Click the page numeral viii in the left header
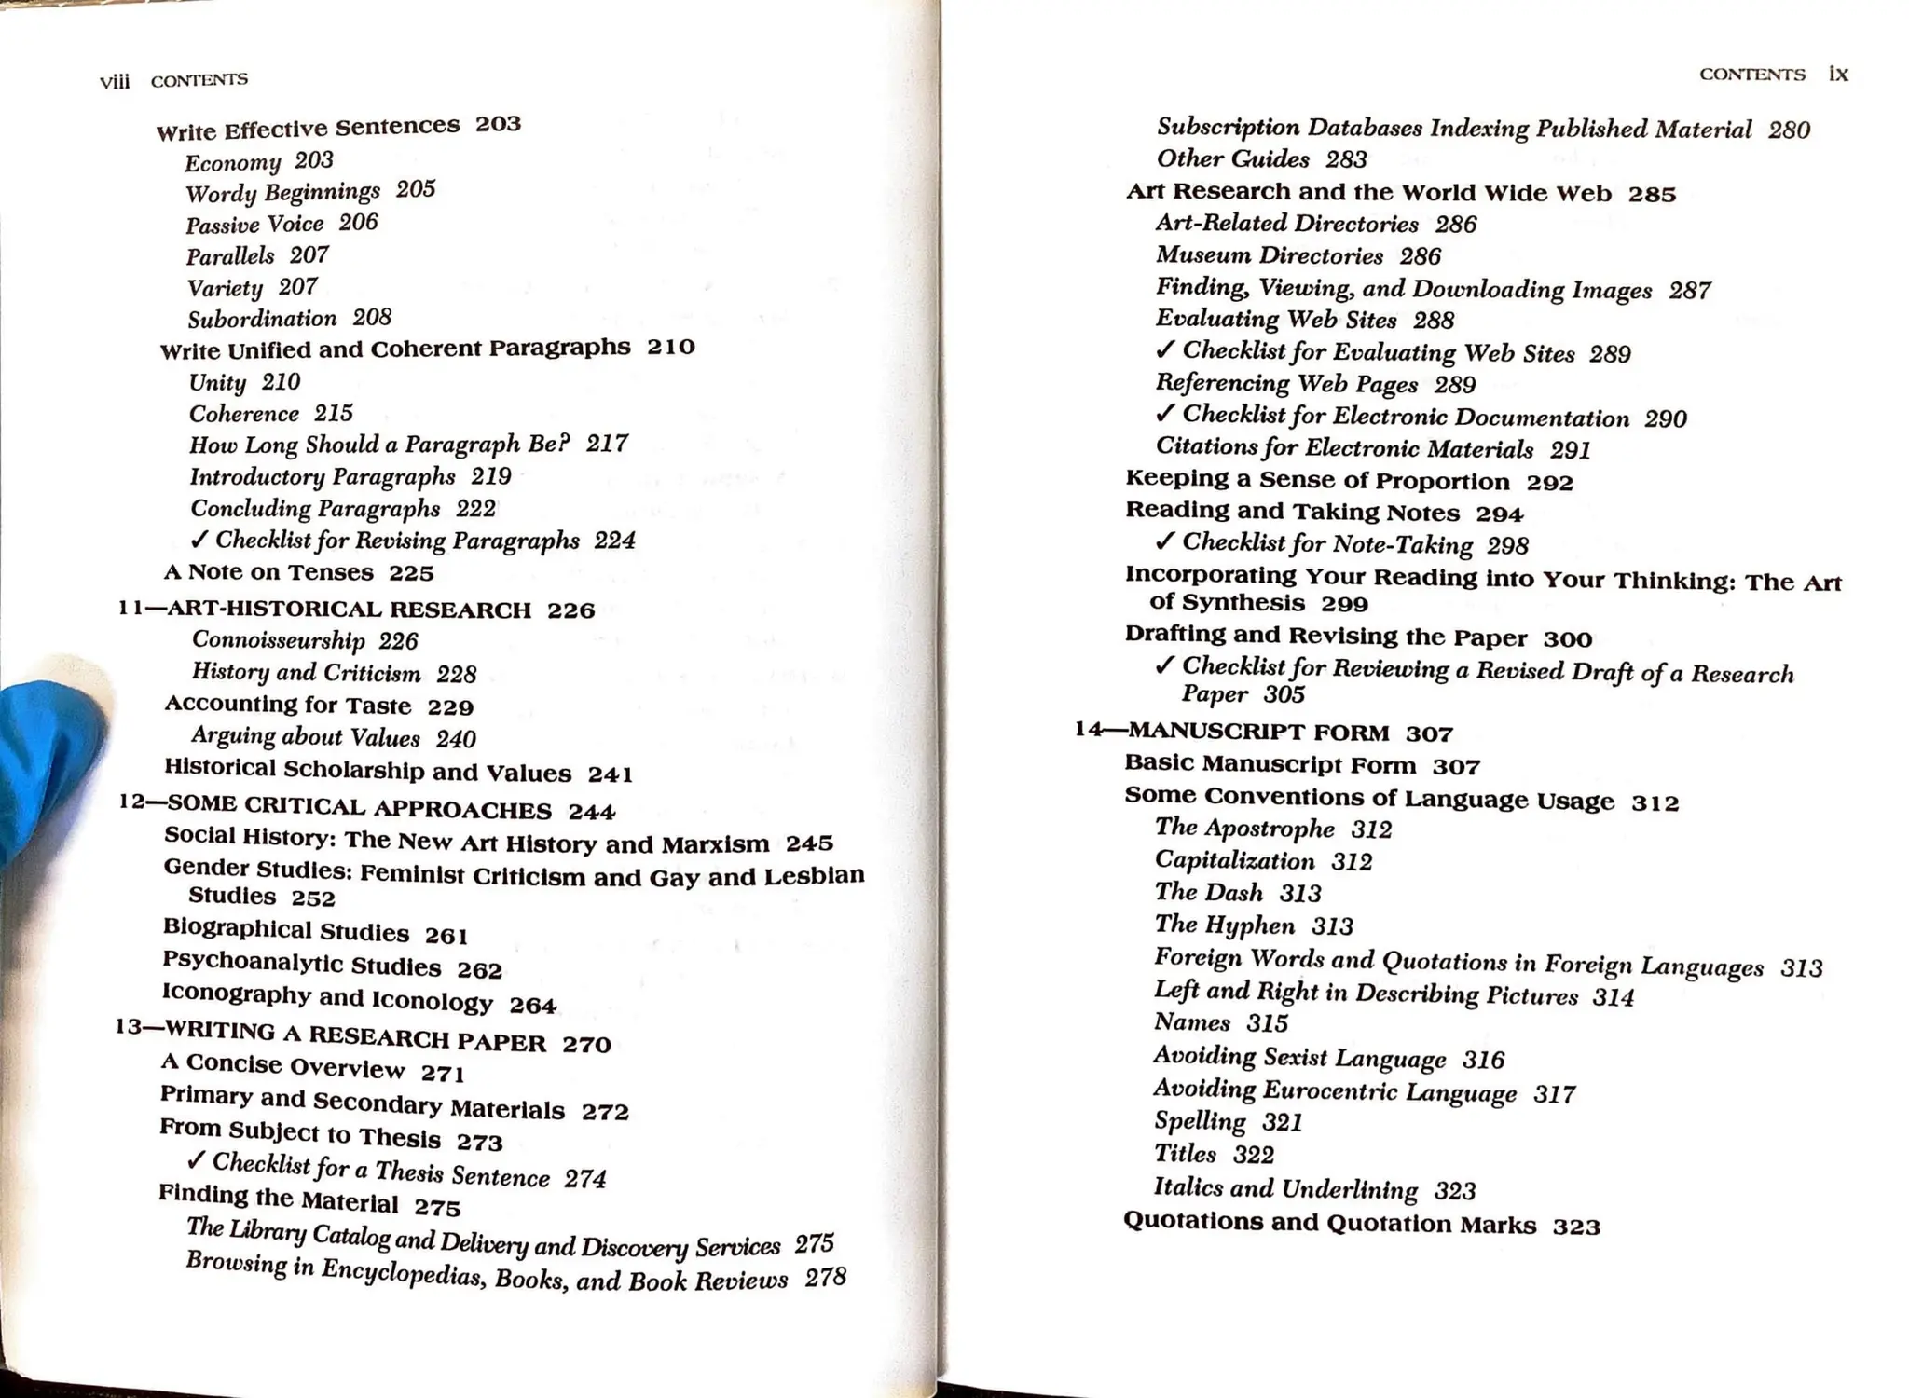click(115, 82)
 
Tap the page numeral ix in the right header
click(1838, 74)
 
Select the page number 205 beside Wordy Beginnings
click(416, 189)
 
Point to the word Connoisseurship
click(278, 640)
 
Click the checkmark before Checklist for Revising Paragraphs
click(199, 540)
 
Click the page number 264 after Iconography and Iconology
click(532, 1005)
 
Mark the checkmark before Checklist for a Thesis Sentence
click(196, 1159)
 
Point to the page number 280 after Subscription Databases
click(1789, 130)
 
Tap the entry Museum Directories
click(1269, 255)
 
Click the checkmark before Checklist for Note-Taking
click(1164, 541)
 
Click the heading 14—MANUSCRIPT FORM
click(1231, 732)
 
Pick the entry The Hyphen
click(1225, 925)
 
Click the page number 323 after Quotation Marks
click(1576, 1227)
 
